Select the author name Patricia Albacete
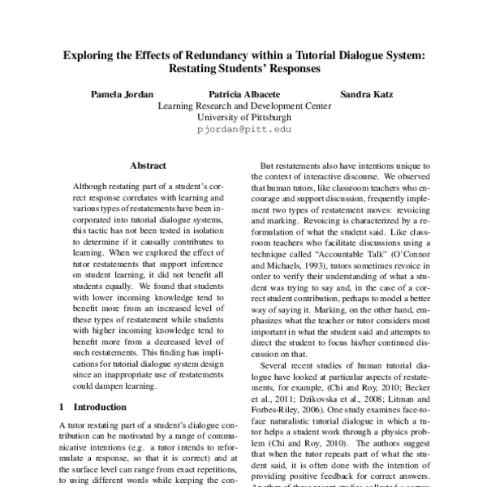(243, 93)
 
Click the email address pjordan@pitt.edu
(243, 128)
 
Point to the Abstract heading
(148, 165)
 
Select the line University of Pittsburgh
(243, 117)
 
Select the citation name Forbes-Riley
(282, 412)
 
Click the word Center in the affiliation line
(315, 106)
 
